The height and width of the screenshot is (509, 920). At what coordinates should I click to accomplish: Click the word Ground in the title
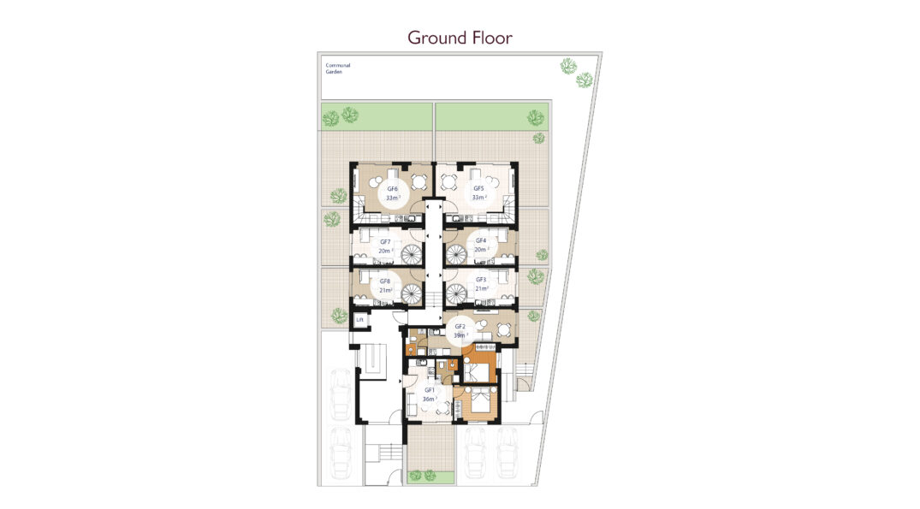(x=437, y=38)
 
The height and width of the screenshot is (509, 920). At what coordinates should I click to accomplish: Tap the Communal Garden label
(x=338, y=68)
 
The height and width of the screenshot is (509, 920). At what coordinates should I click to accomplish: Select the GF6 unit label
(x=392, y=189)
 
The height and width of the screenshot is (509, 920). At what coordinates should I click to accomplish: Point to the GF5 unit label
(x=478, y=188)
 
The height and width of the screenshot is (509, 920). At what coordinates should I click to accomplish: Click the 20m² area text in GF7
(x=384, y=251)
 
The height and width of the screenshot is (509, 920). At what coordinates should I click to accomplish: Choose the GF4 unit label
(x=480, y=240)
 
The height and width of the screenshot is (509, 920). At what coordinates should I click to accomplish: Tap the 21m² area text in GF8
(x=385, y=290)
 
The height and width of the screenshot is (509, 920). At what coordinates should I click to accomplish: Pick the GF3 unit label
(x=480, y=280)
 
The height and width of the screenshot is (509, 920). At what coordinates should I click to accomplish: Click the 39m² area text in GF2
(x=460, y=335)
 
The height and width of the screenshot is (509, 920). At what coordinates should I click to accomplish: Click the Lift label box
(x=359, y=320)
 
